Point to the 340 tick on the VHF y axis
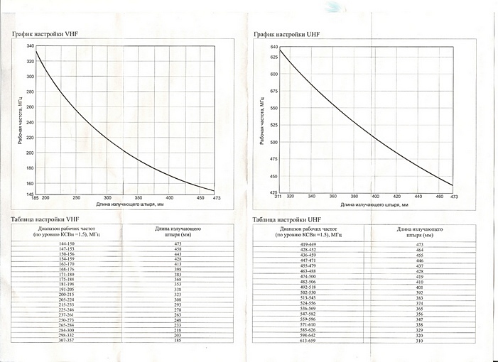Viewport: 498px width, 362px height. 30,45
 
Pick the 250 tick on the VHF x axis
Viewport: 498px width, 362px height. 76,197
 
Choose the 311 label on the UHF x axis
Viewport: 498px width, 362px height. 278,196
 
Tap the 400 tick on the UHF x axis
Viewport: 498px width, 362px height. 374,196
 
